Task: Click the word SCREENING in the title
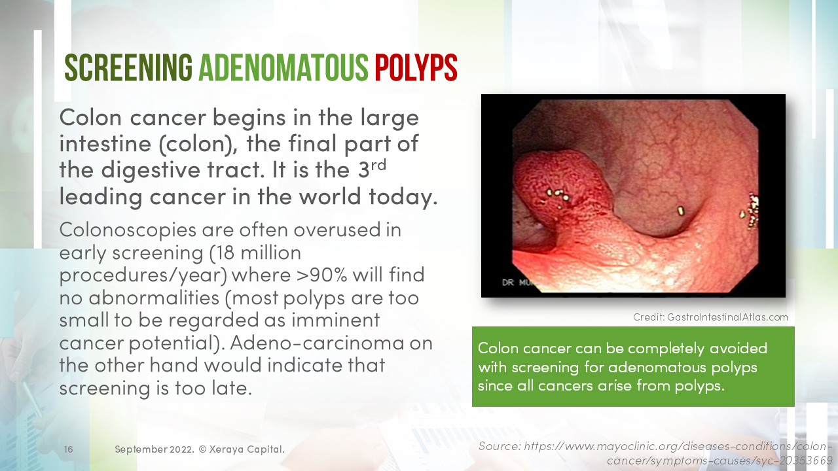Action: (x=128, y=67)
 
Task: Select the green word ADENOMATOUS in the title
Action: (x=283, y=67)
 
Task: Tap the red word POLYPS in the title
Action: (x=415, y=67)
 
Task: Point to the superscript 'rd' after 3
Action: (x=378, y=164)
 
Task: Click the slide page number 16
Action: (x=69, y=449)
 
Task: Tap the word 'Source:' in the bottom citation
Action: (x=499, y=446)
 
